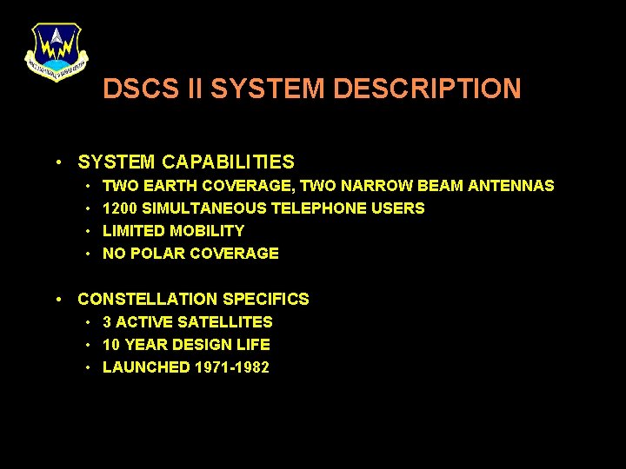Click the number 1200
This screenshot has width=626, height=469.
tap(120, 208)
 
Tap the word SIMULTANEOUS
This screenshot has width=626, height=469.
tap(204, 208)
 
